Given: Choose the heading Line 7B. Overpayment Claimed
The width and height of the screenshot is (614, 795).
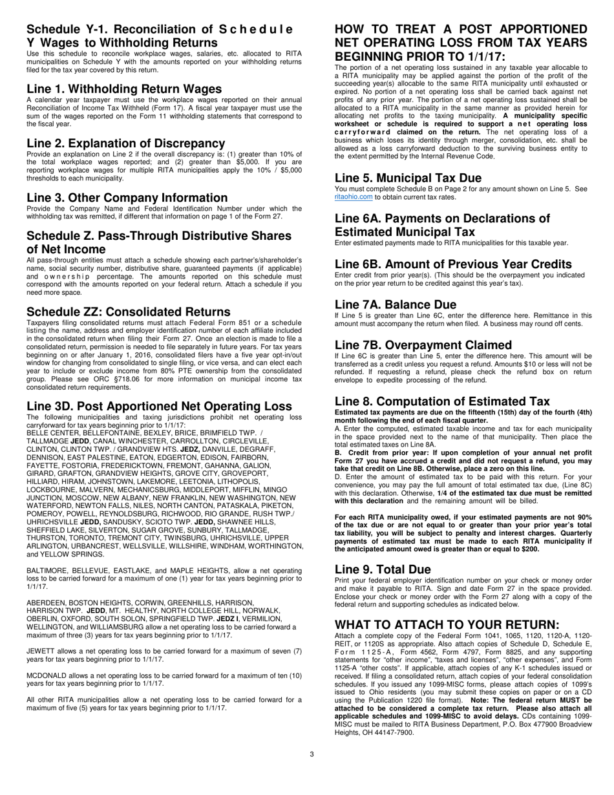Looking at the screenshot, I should coord(423,345).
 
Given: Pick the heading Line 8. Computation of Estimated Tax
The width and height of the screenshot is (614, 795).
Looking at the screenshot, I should coord(442,401).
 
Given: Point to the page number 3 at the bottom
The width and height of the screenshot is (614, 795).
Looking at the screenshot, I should coord(312,754).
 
